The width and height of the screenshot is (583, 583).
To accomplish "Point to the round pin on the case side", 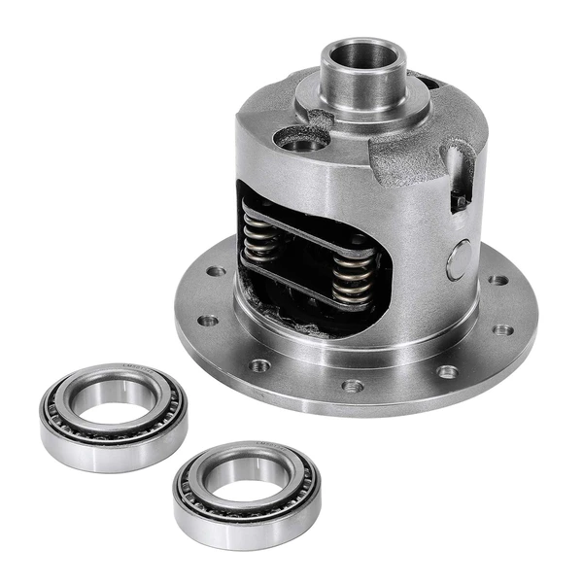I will pos(458,259).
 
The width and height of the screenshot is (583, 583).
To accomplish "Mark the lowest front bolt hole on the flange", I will pos(352,386).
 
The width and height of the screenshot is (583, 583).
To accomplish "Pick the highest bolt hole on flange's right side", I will pos(497,280).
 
